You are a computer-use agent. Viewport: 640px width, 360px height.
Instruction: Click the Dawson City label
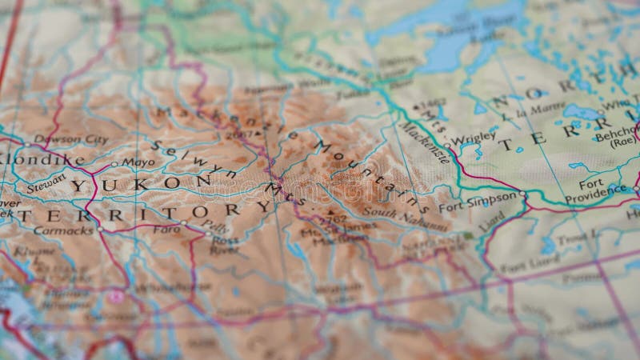[71, 139]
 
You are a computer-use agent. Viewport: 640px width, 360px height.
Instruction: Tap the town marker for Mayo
[114, 164]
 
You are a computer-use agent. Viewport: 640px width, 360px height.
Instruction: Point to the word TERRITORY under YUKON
[144, 213]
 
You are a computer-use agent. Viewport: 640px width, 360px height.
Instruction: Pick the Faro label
[166, 229]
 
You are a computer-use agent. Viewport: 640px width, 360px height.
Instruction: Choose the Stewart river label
[46, 187]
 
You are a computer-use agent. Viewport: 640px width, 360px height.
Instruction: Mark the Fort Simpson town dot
[523, 194]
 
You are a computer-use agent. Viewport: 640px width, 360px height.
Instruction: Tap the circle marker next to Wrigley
[447, 146]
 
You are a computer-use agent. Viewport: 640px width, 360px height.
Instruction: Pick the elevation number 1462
[434, 103]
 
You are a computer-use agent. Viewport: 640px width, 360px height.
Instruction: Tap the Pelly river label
[210, 228]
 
